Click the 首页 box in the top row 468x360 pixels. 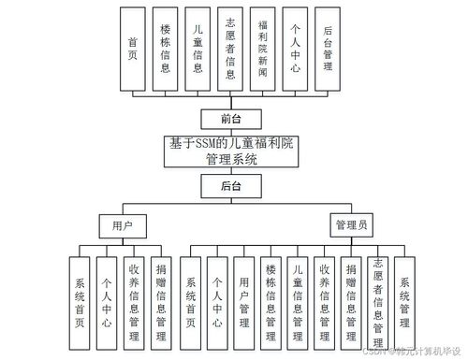133,49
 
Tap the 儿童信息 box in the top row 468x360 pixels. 197,49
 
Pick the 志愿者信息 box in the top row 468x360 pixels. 229,49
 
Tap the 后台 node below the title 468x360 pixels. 231,186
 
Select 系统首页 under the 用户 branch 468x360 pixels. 80,300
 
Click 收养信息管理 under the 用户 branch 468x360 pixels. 135,300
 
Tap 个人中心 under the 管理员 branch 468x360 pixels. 218,300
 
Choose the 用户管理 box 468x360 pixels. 244,300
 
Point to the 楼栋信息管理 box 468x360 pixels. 271,300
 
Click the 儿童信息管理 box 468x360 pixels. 298,300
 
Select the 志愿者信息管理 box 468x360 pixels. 378,300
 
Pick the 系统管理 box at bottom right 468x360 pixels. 405,300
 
